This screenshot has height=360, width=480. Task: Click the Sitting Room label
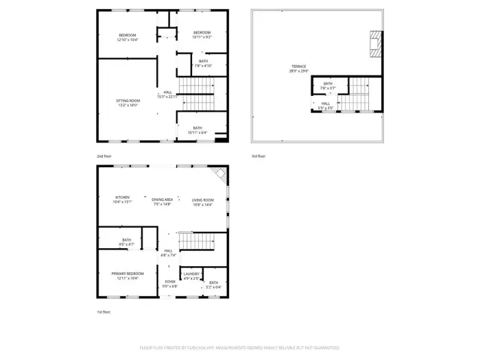(128, 103)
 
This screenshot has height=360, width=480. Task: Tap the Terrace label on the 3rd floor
(299, 69)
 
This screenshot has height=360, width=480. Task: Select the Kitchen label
(122, 200)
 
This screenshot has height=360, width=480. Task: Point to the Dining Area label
(163, 202)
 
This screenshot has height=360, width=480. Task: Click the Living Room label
(202, 202)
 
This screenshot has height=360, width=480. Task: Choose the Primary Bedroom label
(128, 276)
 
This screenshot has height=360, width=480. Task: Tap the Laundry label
(191, 276)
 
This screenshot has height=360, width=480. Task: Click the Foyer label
(169, 284)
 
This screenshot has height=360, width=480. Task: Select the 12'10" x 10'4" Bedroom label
(128, 38)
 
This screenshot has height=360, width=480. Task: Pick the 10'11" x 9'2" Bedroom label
(202, 35)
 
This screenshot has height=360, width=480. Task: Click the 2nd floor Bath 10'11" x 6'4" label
(197, 130)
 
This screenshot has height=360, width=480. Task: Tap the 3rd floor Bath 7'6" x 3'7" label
(328, 86)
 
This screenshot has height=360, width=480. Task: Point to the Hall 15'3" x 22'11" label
(167, 95)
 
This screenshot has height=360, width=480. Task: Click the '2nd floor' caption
(104, 156)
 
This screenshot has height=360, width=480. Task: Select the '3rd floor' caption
(258, 156)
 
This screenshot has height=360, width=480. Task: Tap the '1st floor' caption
(103, 312)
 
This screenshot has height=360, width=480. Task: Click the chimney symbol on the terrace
(374, 43)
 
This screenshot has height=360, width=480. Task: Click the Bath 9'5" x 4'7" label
(128, 242)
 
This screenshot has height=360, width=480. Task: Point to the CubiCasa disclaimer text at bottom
(240, 348)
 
